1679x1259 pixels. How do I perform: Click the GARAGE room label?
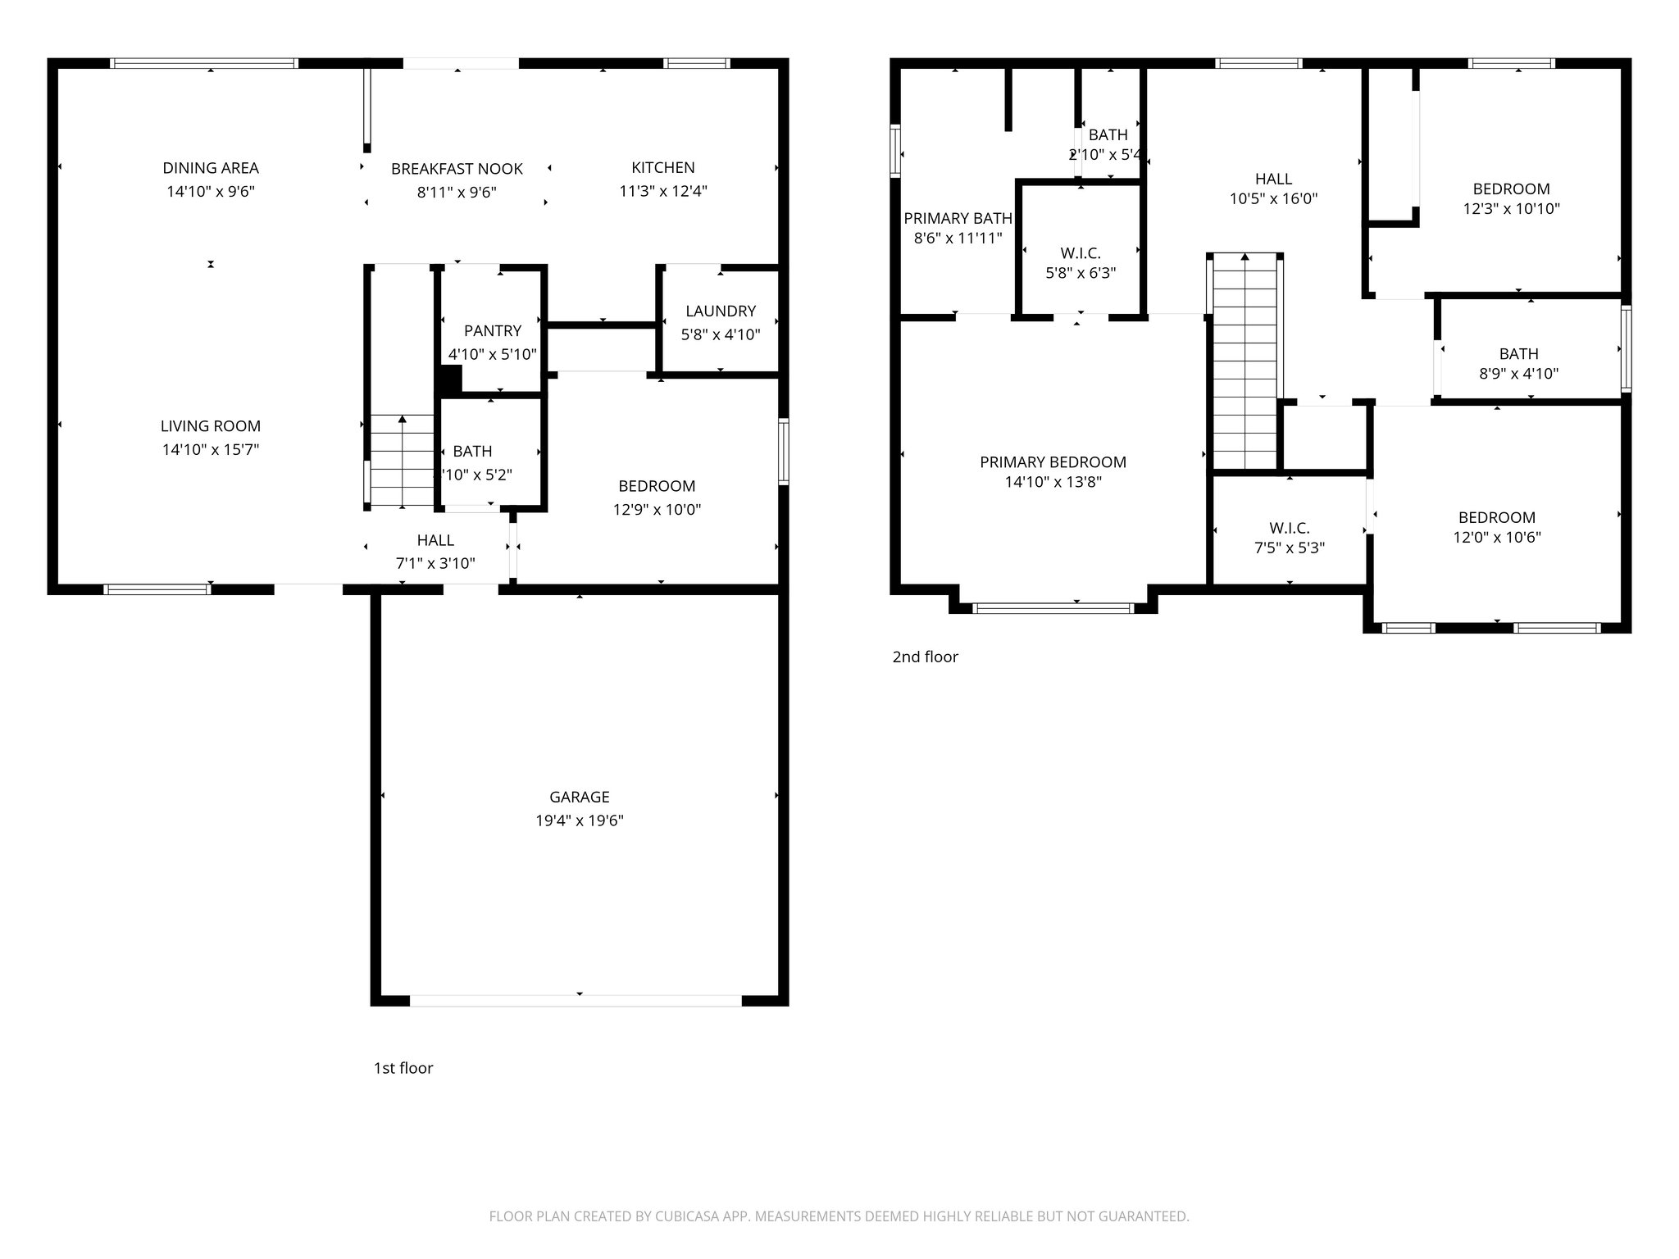(x=579, y=797)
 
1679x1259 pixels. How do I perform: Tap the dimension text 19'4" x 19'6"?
(x=579, y=820)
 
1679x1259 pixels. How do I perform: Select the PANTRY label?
(x=492, y=330)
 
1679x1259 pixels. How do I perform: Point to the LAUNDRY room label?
(x=720, y=311)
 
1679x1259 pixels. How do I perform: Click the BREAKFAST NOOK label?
(x=457, y=169)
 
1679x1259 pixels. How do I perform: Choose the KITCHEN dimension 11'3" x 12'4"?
(x=662, y=191)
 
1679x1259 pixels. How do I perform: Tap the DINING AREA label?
(x=211, y=168)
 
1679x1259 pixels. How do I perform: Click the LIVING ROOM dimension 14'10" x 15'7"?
(x=211, y=449)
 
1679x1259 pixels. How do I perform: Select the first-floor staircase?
(x=402, y=461)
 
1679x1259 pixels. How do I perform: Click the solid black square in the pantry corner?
(x=450, y=380)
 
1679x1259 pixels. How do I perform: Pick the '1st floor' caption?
(x=403, y=1068)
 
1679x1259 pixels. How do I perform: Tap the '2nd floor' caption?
(x=925, y=657)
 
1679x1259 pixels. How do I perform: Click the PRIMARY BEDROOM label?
(x=1053, y=462)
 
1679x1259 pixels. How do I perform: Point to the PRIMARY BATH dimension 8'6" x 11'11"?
(x=958, y=239)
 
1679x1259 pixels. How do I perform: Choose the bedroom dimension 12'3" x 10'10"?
(x=1511, y=208)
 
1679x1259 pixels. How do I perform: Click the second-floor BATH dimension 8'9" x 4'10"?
(x=1518, y=374)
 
